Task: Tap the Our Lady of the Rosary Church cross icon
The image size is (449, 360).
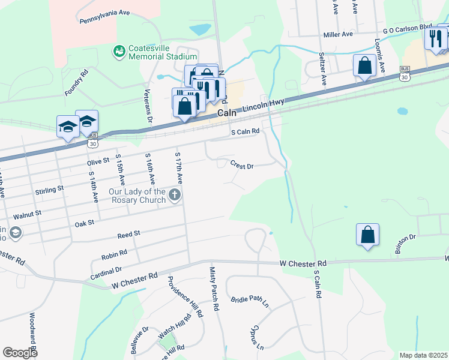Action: click(174, 194)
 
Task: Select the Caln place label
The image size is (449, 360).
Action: click(228, 113)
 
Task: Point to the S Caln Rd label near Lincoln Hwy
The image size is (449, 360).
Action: click(246, 131)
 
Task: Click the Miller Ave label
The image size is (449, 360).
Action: click(338, 35)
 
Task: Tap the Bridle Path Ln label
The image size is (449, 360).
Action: click(250, 301)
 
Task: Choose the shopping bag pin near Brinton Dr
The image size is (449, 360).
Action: click(367, 235)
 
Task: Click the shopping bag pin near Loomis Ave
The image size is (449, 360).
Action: click(364, 66)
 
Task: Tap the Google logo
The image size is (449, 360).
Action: click(20, 353)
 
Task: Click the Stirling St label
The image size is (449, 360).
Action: click(49, 189)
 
